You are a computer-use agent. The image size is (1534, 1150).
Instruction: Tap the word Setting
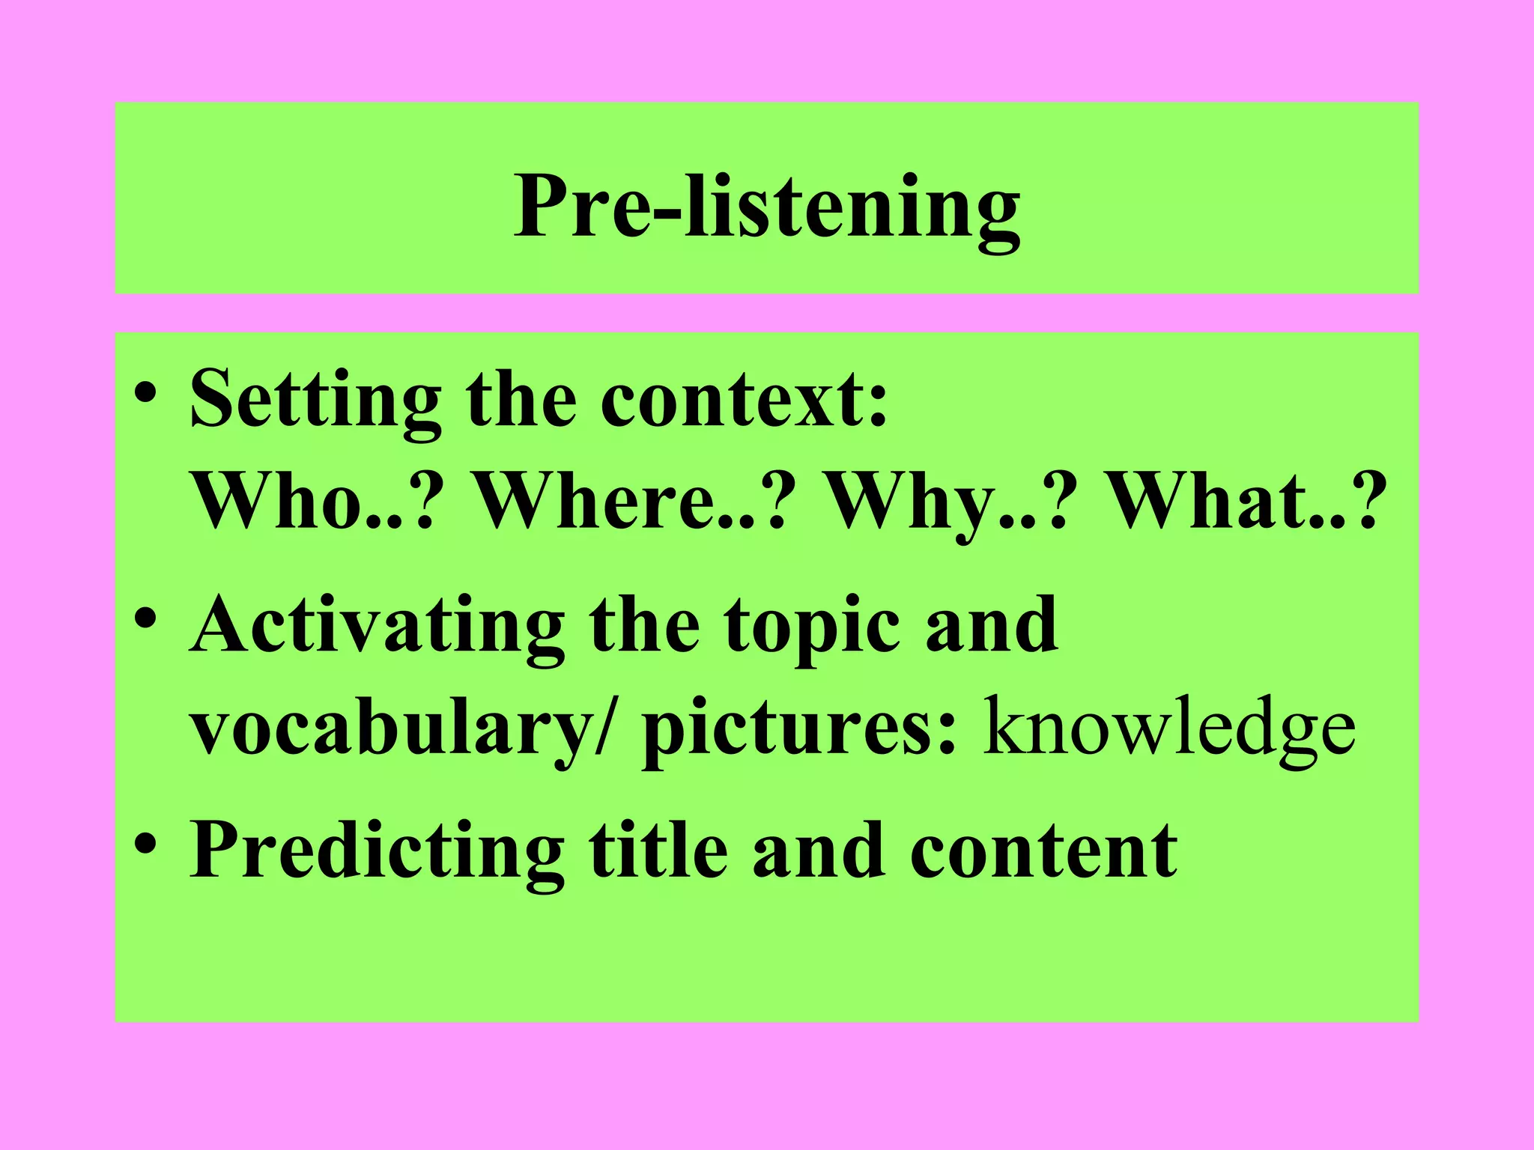(x=315, y=401)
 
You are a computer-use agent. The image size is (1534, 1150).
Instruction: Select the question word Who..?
(x=314, y=502)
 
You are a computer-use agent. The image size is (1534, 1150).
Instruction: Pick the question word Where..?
(x=633, y=502)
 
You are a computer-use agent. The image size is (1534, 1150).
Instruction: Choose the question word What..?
(x=1243, y=502)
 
